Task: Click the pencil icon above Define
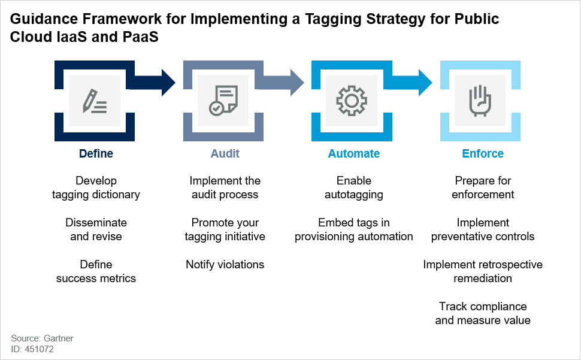(x=95, y=101)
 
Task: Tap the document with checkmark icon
(x=223, y=101)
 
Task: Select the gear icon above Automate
(x=352, y=101)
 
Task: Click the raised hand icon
(x=480, y=101)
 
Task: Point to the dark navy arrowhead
(x=168, y=82)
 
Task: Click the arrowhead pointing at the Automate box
(x=297, y=82)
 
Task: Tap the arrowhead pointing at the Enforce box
(x=425, y=82)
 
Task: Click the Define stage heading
(x=96, y=153)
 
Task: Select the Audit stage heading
(x=225, y=153)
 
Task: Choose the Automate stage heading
(x=354, y=153)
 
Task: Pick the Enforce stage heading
(x=483, y=153)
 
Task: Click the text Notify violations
(x=225, y=264)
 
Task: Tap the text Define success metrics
(x=96, y=271)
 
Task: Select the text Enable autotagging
(x=354, y=187)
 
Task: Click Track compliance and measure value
(x=483, y=313)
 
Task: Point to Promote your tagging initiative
(x=225, y=229)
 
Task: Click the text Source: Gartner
(x=43, y=338)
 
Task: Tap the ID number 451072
(x=40, y=349)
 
